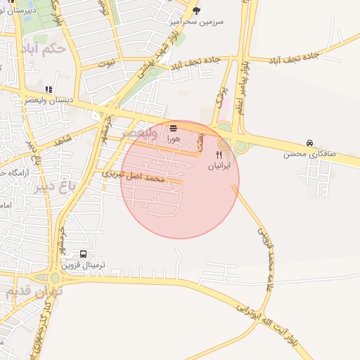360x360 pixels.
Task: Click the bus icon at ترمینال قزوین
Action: click(x=84, y=254)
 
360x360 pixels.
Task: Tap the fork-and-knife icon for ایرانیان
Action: click(x=219, y=155)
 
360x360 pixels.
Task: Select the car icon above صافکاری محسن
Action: click(x=309, y=142)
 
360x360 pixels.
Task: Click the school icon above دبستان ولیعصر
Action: click(x=49, y=89)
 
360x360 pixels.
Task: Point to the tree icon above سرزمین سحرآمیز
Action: click(x=196, y=11)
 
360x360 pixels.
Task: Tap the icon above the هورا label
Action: click(x=174, y=128)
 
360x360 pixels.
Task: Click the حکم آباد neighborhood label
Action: click(x=44, y=49)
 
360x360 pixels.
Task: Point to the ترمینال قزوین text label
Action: click(x=84, y=266)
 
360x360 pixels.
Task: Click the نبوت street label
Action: click(x=106, y=63)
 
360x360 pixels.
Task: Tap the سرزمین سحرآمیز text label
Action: click(x=196, y=22)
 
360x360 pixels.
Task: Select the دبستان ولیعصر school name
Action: click(x=49, y=101)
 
